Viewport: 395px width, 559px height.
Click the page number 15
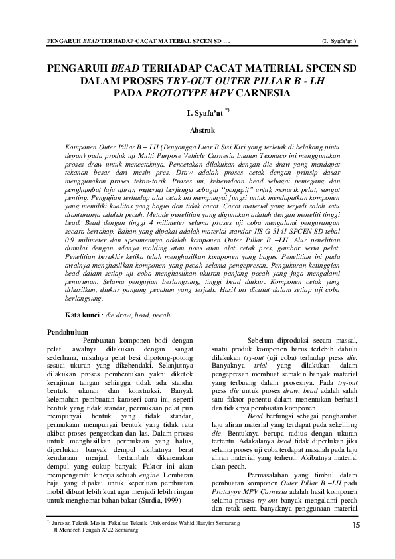[356, 525]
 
